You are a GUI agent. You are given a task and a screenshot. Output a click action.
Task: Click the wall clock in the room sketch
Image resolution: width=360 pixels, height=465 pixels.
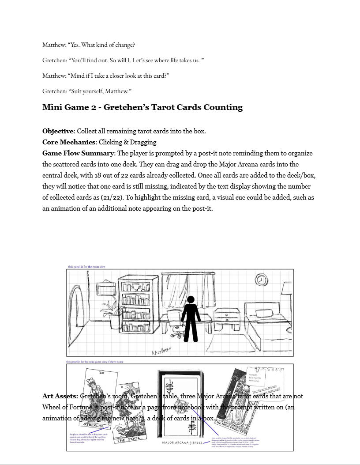tap(261, 280)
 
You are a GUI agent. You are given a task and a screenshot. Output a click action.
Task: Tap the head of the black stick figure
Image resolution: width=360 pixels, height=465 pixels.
tap(191, 299)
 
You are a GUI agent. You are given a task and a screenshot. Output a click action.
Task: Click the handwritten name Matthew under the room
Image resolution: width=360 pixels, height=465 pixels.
tap(161, 351)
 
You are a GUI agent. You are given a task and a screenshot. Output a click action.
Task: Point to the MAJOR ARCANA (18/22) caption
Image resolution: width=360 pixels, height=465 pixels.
tap(182, 442)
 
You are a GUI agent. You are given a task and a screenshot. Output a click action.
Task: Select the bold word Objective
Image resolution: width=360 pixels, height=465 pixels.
tap(58, 131)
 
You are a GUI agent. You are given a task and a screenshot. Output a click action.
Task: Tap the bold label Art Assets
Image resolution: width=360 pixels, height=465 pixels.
tap(60, 396)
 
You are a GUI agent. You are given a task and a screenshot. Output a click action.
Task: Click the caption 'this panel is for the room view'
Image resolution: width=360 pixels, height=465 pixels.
tap(86, 267)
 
